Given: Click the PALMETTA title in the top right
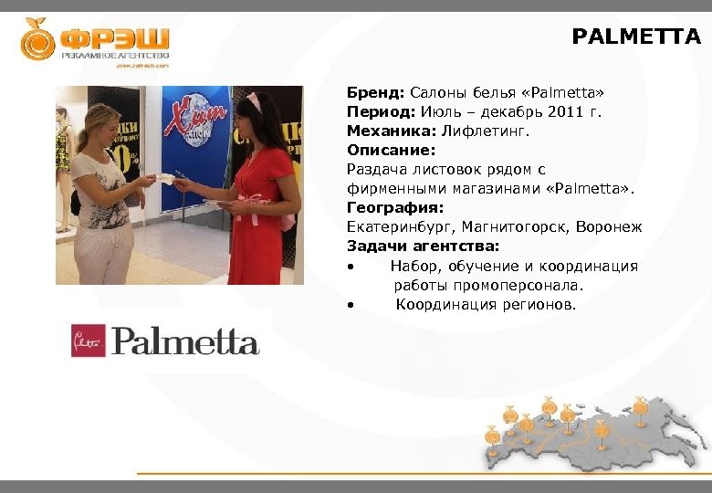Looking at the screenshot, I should pos(636,37).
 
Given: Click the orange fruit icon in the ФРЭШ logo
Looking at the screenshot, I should pos(38,39).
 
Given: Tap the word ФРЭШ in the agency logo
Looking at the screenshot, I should pos(115,38).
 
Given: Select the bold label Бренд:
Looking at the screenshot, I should pos(375,93).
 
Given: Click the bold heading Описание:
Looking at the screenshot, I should pos(391,151).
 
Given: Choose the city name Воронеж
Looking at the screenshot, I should pos(609,227).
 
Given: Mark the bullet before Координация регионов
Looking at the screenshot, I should pos(351,305).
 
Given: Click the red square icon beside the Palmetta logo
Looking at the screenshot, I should pos(89,341).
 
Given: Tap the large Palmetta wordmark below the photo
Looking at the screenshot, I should pos(185,342).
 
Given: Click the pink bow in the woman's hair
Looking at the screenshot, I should pos(253,100).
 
